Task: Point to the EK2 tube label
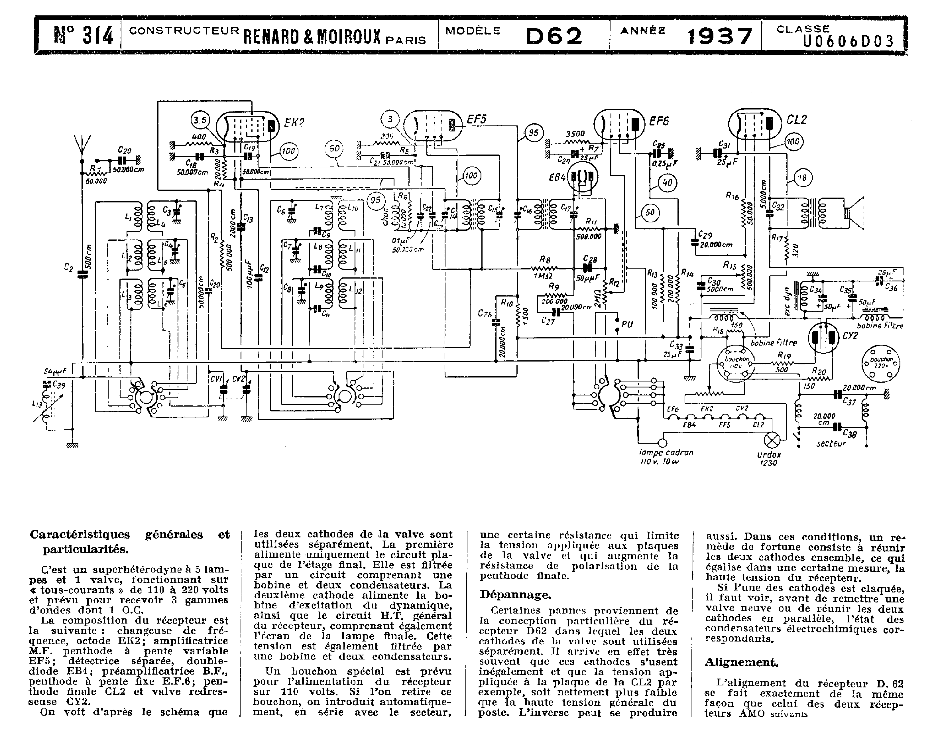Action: (294, 123)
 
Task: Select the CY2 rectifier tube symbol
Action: (824, 339)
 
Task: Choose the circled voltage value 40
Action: (668, 182)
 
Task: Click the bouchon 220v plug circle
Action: (881, 364)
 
